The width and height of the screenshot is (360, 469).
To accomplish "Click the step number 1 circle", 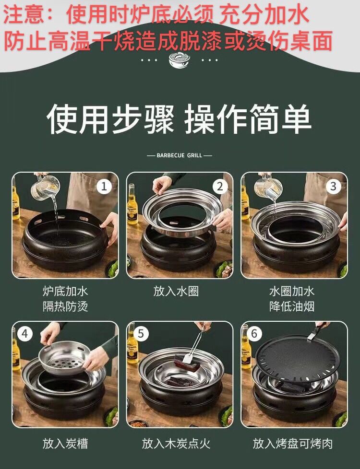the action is [x=104, y=187].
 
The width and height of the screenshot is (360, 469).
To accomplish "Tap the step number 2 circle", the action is [x=220, y=187].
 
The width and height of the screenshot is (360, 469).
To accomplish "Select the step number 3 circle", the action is [x=333, y=187].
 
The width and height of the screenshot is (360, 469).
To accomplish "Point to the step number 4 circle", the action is [x=25, y=333].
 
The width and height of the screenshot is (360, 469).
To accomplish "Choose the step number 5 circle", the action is [x=141, y=333].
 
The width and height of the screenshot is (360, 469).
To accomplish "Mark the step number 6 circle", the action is [x=254, y=333].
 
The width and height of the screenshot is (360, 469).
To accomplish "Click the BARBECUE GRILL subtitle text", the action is [x=180, y=155].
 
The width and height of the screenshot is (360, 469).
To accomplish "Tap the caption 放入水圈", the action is [x=176, y=291].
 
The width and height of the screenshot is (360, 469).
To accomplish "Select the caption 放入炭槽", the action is [x=65, y=443].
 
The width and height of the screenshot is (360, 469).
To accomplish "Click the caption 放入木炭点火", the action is [x=176, y=443].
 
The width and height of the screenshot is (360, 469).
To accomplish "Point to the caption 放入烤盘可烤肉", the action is [x=293, y=443].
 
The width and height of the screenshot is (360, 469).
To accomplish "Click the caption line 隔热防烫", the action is [x=65, y=306].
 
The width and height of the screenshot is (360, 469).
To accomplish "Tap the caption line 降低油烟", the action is [x=292, y=306].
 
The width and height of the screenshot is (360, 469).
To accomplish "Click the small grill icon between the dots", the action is [x=180, y=60].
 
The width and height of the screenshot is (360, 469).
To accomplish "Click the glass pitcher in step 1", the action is [x=46, y=188].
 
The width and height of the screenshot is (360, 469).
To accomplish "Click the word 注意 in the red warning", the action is [x=24, y=14].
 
